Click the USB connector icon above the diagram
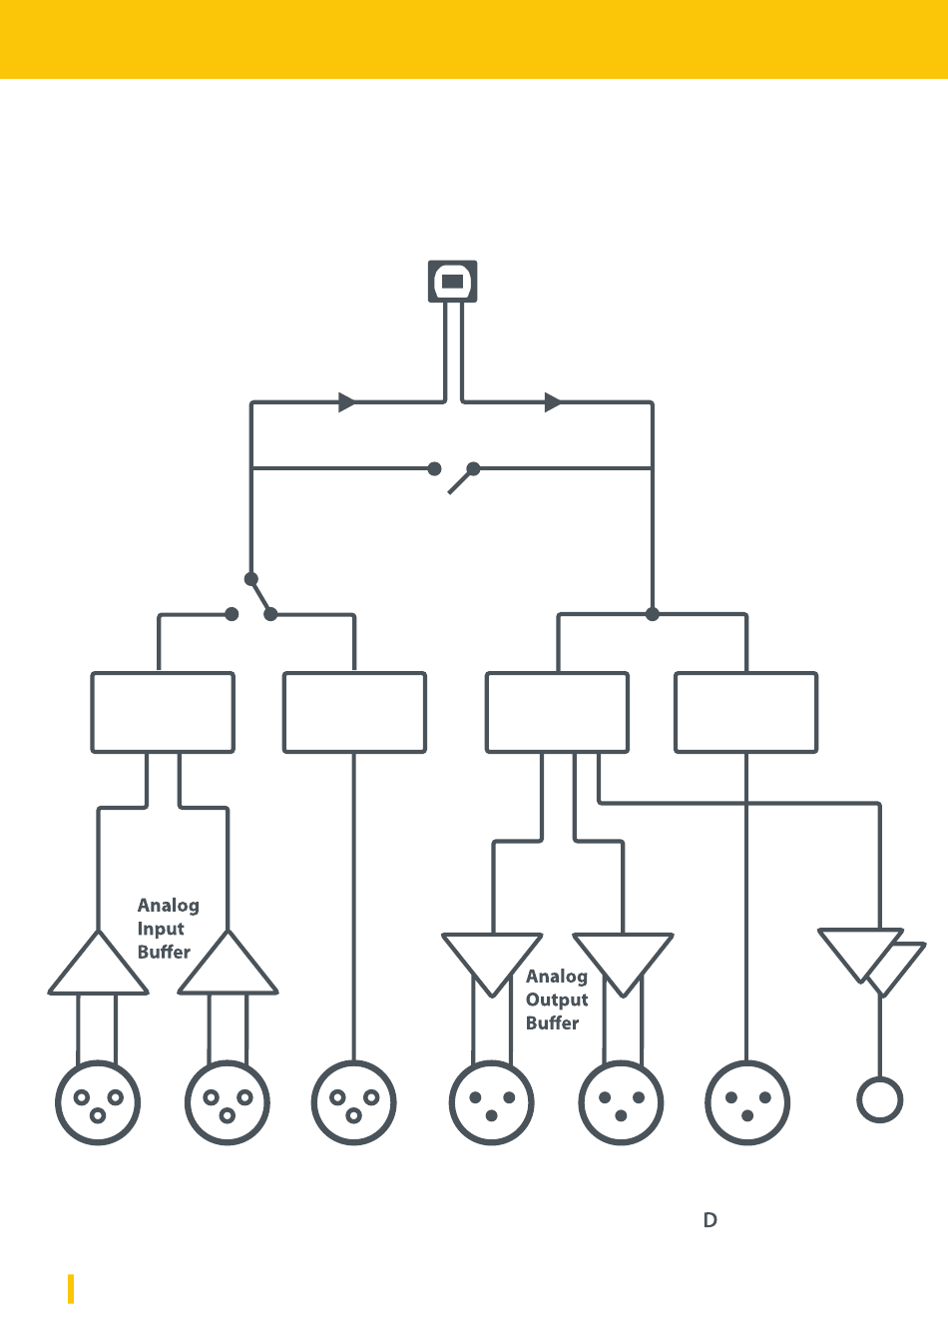tap(452, 281)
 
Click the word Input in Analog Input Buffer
tap(160, 929)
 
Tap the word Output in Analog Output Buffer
tap(557, 1000)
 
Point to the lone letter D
tap(710, 1220)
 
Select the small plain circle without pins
tap(879, 1099)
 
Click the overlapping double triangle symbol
tap(872, 962)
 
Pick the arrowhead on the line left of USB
tap(347, 402)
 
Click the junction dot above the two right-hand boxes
tap(652, 614)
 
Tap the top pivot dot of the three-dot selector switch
tap(250, 579)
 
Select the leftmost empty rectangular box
tap(163, 712)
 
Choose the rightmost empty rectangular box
tap(746, 712)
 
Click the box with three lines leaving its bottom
tap(557, 712)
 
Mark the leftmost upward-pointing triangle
tap(98, 966)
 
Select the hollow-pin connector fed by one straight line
tap(354, 1102)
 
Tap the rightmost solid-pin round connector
tap(747, 1102)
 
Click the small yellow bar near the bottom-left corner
tap(71, 1289)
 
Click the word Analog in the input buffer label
tap(168, 906)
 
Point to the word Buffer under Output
tap(552, 1023)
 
